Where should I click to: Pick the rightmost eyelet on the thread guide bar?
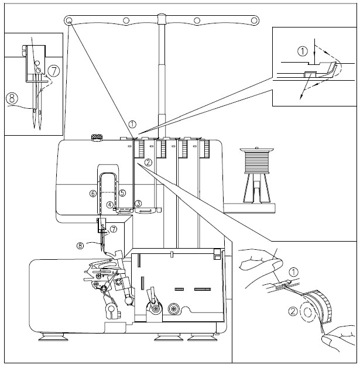pos(254,20)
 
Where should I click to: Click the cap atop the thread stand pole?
pos(162,19)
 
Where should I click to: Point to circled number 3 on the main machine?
pos(138,203)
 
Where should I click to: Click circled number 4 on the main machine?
pos(109,205)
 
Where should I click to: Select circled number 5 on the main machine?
pos(122,193)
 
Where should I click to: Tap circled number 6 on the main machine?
pos(93,194)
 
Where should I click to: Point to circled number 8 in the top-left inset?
pos(12,98)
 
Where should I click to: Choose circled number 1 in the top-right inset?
pos(303,51)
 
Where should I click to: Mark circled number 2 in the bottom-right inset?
pos(293,311)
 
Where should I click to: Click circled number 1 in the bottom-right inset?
pos(293,272)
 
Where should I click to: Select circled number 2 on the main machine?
pos(148,162)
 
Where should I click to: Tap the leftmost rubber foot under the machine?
pos(53,337)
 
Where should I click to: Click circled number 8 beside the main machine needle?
pos(80,246)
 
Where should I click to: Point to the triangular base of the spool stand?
pos(256,188)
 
